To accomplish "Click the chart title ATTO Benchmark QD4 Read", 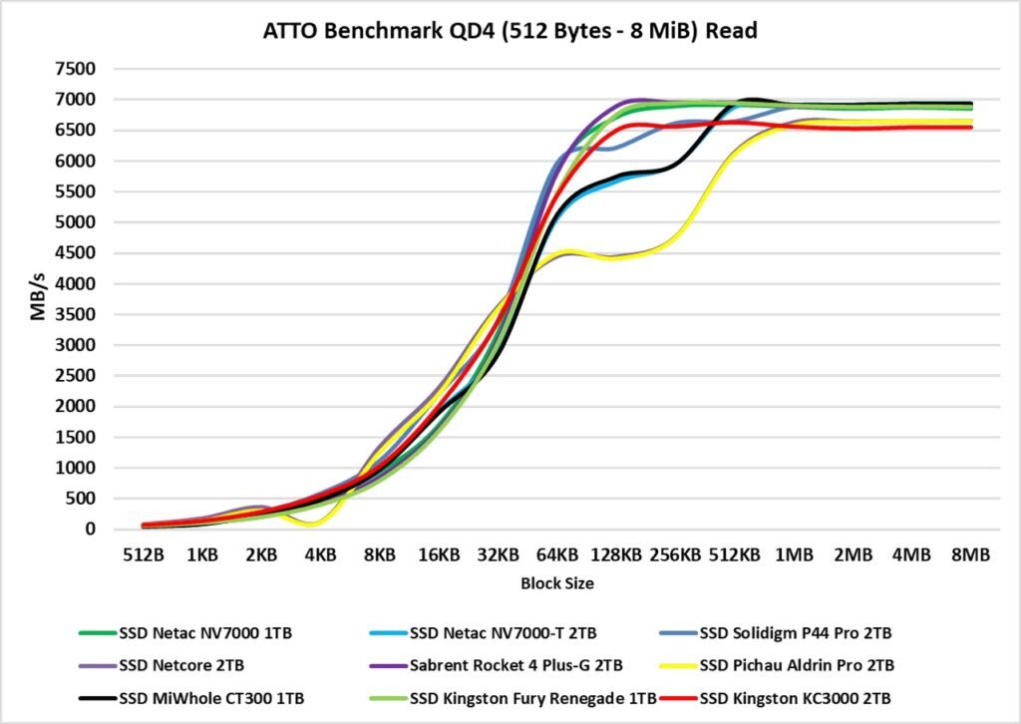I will [x=510, y=31].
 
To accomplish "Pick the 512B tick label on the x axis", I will [x=144, y=553].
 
